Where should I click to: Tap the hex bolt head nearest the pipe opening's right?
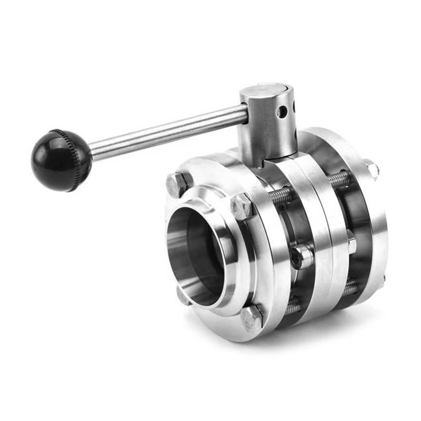pos(242,207)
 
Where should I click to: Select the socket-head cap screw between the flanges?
pos(301,257)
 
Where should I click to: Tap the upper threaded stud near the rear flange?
pos(339,179)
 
